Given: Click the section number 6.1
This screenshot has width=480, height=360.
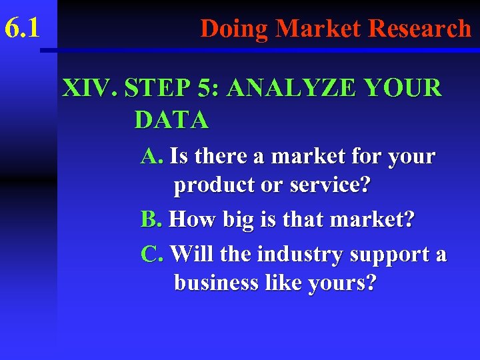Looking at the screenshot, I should coord(22,29).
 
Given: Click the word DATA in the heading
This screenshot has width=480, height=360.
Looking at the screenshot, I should coord(171,120).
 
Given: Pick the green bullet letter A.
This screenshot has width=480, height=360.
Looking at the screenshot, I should coord(151,157).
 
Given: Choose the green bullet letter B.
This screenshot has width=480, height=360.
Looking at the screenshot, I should coord(151,219).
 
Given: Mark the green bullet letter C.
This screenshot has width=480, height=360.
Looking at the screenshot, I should coord(151,254).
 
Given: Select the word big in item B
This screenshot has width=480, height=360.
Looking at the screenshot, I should coord(243,220).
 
